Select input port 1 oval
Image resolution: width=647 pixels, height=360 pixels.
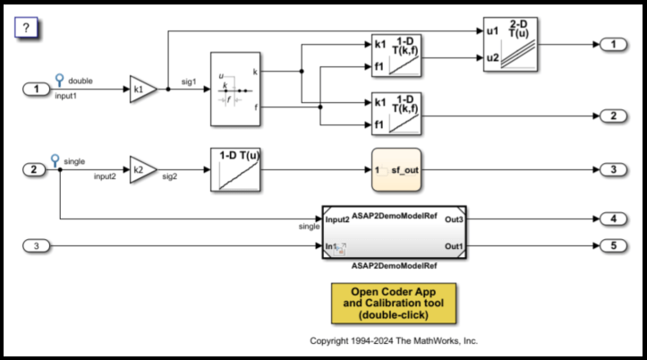coord(35,90)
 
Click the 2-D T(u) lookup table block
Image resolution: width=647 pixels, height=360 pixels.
coord(507,43)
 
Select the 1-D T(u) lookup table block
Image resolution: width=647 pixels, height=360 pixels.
coord(235,169)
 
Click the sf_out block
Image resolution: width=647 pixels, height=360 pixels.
coord(396,169)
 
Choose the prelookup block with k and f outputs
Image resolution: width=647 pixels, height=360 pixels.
coord(235,90)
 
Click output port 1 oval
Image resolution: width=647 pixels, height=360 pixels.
coord(610,44)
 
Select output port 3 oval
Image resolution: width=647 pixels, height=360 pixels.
coord(610,169)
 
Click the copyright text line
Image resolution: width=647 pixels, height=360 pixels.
coord(394,341)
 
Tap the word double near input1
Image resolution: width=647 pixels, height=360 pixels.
coord(80,81)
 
